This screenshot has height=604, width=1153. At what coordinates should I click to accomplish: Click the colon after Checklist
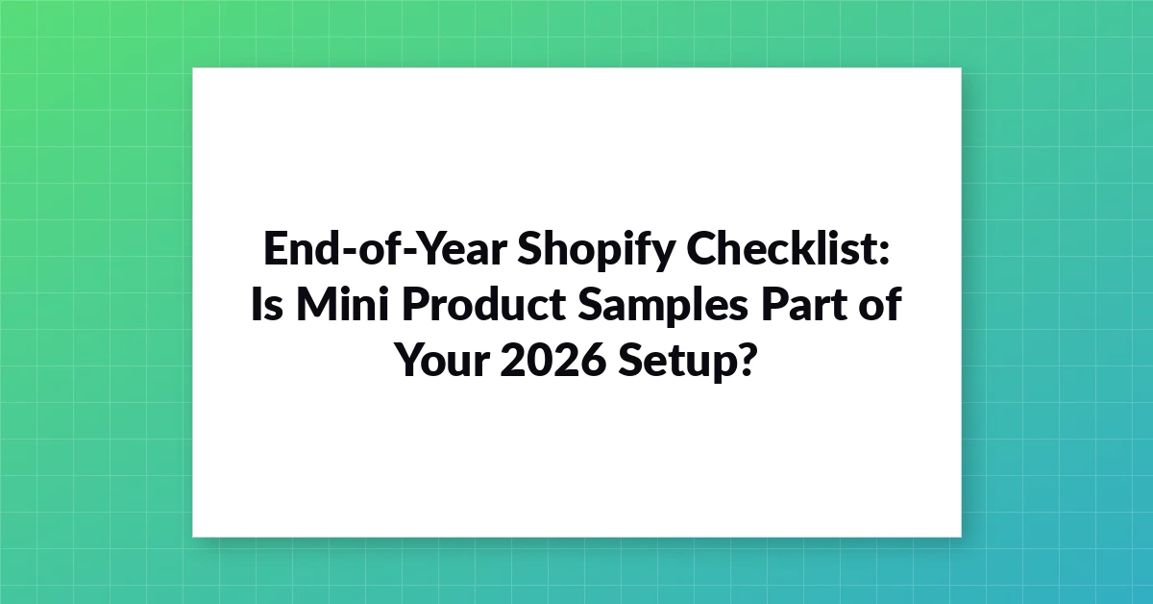pos(883,254)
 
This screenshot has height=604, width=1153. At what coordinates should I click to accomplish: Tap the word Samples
pos(662,307)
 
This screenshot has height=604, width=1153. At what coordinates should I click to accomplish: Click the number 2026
pos(552,360)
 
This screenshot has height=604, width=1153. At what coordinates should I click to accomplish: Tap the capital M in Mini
pos(316,304)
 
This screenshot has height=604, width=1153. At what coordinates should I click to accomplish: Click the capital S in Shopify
pos(529,248)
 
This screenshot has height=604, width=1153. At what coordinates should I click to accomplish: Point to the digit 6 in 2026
pos(593,360)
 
